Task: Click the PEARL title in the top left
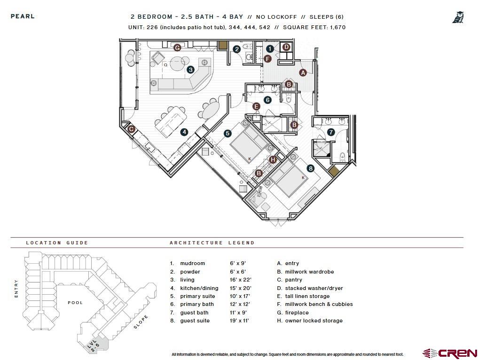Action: tap(23, 16)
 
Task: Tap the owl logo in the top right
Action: tap(458, 18)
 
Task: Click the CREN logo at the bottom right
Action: tap(450, 353)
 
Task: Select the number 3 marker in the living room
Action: tap(190, 70)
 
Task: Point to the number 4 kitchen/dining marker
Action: tap(184, 132)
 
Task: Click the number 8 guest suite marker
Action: tap(310, 168)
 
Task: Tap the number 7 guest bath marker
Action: tap(331, 133)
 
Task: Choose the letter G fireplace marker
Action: tap(177, 47)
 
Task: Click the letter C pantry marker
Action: tap(132, 129)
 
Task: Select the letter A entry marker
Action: tap(303, 72)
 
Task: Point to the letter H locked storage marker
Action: tap(273, 160)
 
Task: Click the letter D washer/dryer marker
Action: tap(286, 47)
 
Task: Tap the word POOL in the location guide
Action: tap(75, 303)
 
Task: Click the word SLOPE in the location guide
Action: tap(141, 322)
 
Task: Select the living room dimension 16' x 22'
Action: tap(238, 280)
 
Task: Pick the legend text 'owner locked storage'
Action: tap(313, 321)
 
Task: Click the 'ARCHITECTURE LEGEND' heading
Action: tap(212, 243)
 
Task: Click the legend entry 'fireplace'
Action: tap(297, 313)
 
